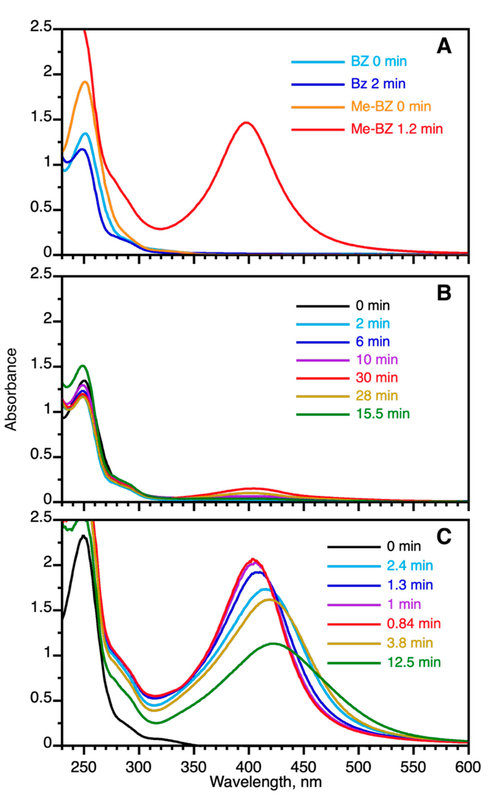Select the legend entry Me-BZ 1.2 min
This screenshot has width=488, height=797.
coord(397,129)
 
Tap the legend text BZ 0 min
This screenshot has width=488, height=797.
coord(379,62)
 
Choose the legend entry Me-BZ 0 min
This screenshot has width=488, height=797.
coord(391,106)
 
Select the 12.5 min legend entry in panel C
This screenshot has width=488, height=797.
coord(414,662)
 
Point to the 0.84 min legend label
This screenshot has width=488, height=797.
coord(414,623)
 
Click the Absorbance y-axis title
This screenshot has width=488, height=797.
coord(11,389)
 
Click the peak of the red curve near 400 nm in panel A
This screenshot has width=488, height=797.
coord(246,122)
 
